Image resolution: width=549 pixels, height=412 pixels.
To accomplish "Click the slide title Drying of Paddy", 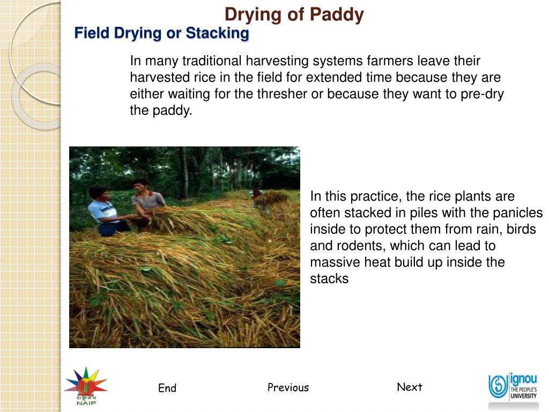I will [294, 14].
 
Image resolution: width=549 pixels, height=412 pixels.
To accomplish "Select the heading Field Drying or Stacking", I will [161, 33].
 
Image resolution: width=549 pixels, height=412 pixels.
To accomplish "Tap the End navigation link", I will [167, 388].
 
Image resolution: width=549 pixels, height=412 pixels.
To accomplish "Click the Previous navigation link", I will [288, 387].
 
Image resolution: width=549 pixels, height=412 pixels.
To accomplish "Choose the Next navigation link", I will [410, 387].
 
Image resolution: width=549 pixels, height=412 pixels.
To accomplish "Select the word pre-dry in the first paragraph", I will [482, 94].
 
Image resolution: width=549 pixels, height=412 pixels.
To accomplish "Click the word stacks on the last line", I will [329, 279].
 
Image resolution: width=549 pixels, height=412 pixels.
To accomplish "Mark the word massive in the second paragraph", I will [331, 262].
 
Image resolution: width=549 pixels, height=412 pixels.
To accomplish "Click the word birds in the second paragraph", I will [521, 230].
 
